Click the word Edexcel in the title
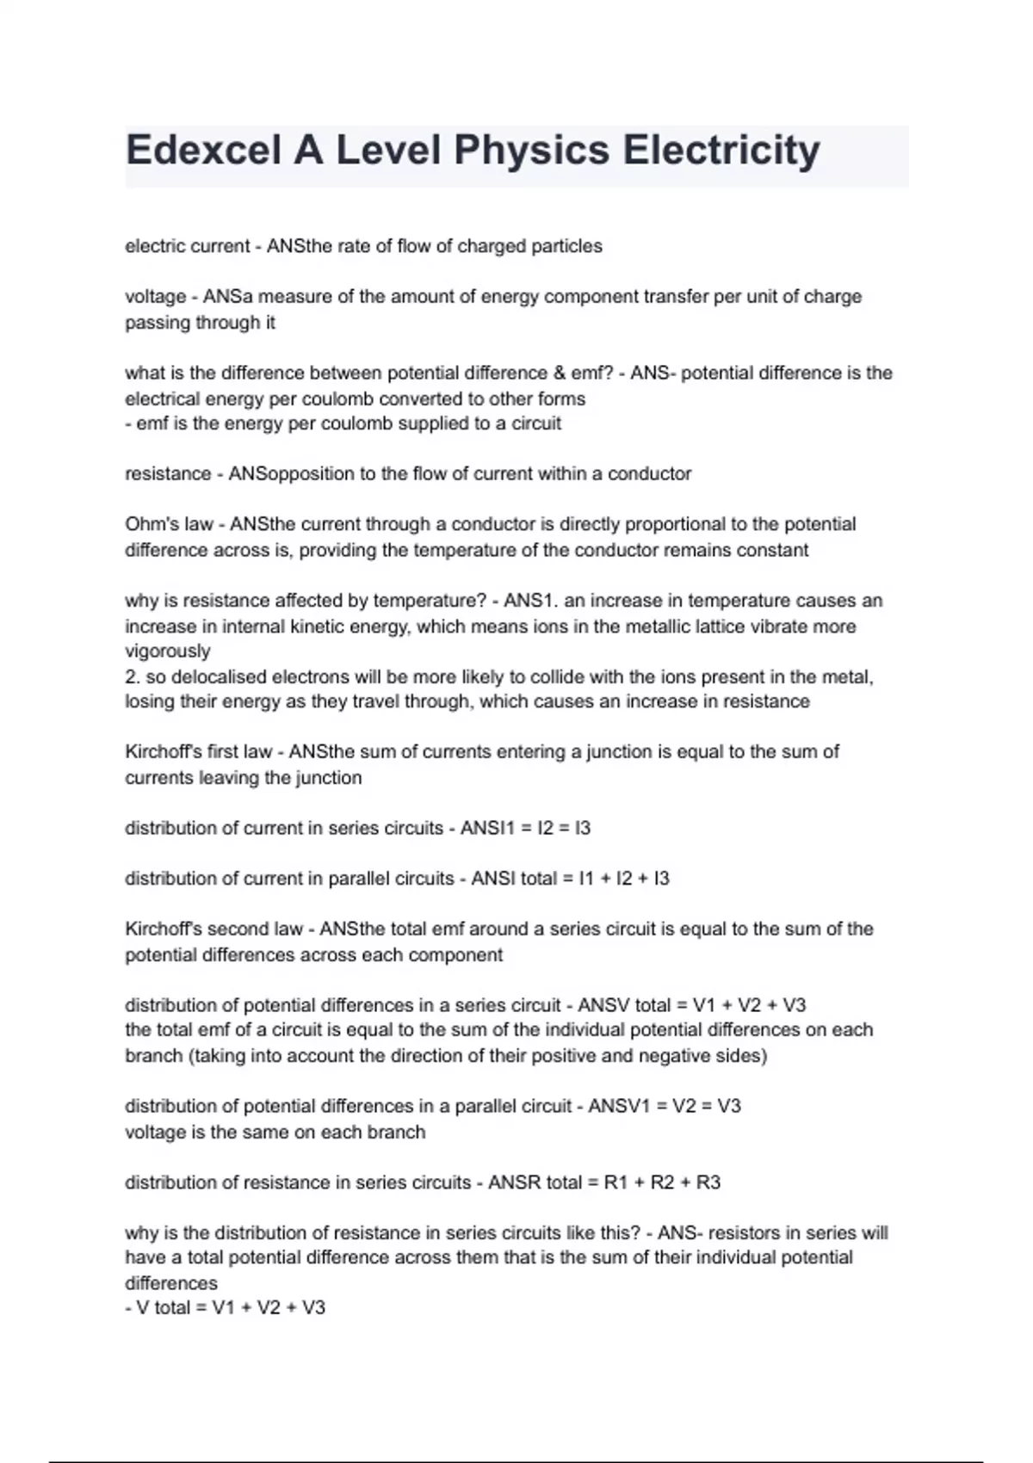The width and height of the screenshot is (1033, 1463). click(x=203, y=151)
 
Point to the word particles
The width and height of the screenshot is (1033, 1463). click(x=566, y=246)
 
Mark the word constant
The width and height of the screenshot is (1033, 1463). click(x=774, y=550)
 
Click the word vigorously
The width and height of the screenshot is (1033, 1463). click(x=167, y=651)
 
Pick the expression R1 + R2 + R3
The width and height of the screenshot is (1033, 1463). click(x=662, y=1182)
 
